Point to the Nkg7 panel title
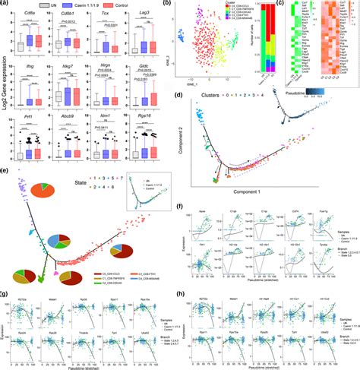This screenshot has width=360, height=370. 64,68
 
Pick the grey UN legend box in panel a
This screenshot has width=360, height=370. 25,5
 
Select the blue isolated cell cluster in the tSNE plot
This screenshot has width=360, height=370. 182,36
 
